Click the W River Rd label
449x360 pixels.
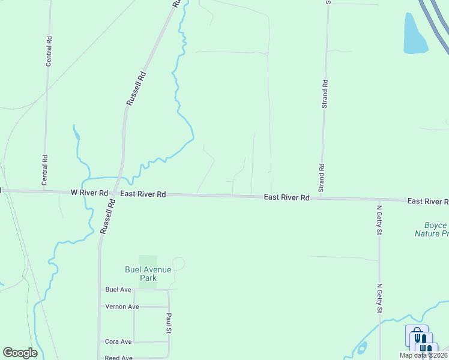point(89,193)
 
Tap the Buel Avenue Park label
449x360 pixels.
point(148,274)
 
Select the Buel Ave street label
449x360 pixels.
point(118,289)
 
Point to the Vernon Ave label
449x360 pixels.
point(122,307)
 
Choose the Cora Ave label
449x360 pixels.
point(118,341)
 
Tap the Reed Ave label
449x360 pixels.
point(118,358)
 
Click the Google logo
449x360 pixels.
point(20,353)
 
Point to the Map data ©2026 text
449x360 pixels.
point(423,355)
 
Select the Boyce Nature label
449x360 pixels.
point(431,229)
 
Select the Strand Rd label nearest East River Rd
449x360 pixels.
point(322,178)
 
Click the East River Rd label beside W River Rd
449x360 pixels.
point(143,194)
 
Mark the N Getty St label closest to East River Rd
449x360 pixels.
point(379,220)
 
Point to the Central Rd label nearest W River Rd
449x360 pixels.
point(44,169)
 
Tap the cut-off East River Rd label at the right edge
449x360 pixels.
point(427,201)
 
